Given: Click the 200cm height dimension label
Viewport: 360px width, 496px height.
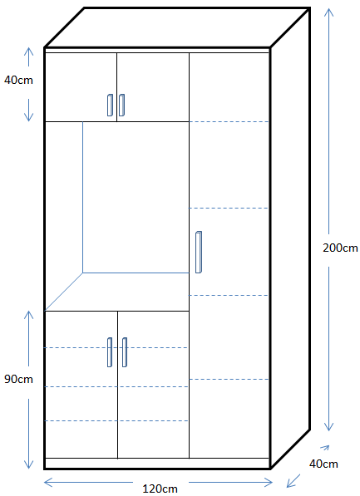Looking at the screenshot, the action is pos(340,248).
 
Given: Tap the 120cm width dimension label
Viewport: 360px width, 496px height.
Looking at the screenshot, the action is pos(160,489).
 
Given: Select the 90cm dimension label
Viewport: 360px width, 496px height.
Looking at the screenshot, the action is pos(18,379).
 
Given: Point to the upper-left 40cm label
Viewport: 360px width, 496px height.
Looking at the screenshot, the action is pos(18,80).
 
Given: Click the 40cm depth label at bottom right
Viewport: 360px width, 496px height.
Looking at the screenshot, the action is pos(323,464).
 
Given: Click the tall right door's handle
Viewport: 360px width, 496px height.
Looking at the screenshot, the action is pos(199,252).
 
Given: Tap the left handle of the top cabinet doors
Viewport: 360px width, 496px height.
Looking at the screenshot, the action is pos(110,105).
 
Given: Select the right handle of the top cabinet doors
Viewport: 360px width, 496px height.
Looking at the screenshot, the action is pos(121,105).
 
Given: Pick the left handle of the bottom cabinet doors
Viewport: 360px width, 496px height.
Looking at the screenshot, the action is pos(110,352).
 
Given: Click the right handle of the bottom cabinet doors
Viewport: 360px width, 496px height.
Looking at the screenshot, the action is pos(125,352).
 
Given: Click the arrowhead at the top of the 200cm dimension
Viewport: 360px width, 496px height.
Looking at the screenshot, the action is pos(329,12).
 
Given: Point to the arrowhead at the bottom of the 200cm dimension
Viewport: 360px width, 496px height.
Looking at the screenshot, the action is pos(329,427).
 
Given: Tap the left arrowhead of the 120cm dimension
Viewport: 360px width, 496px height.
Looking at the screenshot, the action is pos(48,483).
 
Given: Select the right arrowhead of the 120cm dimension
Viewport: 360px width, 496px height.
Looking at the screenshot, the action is pos(269,483).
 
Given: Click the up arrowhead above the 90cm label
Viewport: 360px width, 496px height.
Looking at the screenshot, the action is pos(29,315).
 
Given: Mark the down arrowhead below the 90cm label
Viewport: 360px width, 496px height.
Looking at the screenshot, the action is pos(29,464).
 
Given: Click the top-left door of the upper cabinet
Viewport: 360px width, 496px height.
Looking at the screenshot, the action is pos(81,87).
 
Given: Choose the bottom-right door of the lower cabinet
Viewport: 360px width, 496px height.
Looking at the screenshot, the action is pos(153,385).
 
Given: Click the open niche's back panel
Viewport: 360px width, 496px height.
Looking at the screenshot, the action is pos(136,197).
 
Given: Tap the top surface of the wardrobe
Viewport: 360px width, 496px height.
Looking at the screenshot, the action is pos(177,27).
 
